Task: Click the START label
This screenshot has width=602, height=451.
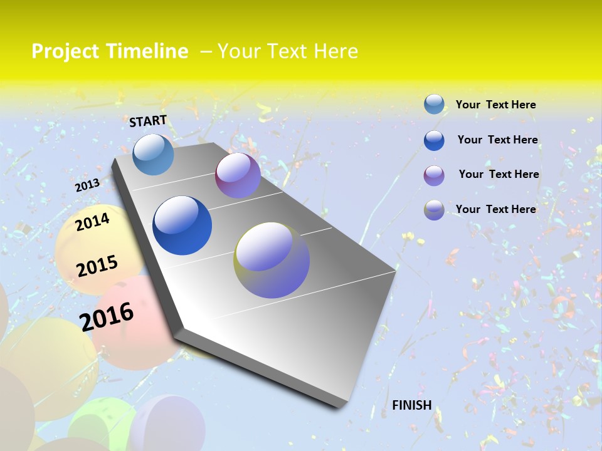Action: pyautogui.click(x=148, y=121)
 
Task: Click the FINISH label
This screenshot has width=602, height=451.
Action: pyautogui.click(x=412, y=405)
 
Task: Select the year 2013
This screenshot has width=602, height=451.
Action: pyautogui.click(x=87, y=185)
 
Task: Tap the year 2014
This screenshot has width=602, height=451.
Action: pyautogui.click(x=92, y=222)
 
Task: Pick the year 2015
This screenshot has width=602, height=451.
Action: pyautogui.click(x=97, y=266)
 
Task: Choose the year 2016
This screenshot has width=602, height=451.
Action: pyautogui.click(x=107, y=316)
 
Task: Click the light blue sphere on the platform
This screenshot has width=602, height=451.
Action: pyautogui.click(x=153, y=154)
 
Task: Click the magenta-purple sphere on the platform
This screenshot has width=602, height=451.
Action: pyautogui.click(x=238, y=175)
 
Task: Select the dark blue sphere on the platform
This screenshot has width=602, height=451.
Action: pyautogui.click(x=182, y=225)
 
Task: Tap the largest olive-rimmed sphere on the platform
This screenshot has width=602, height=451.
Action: pyautogui.click(x=272, y=260)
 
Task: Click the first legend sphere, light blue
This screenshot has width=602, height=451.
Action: pyautogui.click(x=434, y=105)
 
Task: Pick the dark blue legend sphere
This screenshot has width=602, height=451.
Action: pyautogui.click(x=434, y=140)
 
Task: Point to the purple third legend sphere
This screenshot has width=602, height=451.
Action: pyautogui.click(x=434, y=175)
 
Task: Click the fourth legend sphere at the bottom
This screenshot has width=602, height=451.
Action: pyautogui.click(x=434, y=210)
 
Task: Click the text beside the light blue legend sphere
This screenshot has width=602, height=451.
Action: pyautogui.click(x=495, y=105)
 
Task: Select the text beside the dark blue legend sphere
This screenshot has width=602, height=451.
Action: pyautogui.click(x=497, y=140)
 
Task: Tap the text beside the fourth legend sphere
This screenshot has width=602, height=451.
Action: pyautogui.click(x=495, y=209)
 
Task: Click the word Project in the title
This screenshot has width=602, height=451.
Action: pyautogui.click(x=65, y=51)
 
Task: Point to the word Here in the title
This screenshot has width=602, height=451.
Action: pyautogui.click(x=335, y=51)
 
